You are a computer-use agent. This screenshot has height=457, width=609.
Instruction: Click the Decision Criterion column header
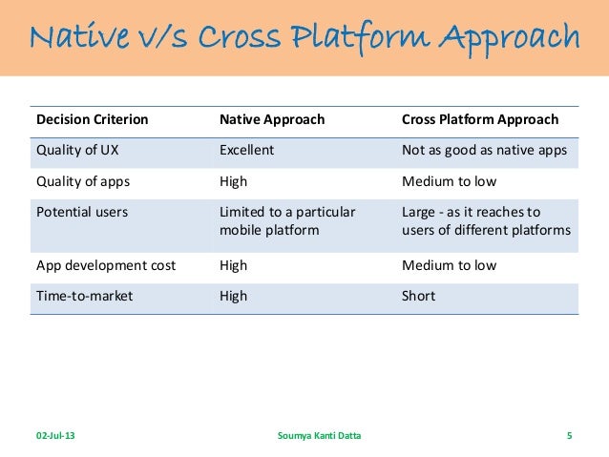coord(93,120)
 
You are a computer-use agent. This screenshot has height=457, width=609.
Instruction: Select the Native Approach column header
coord(272,120)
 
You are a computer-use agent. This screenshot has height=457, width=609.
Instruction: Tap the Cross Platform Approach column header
coord(480,120)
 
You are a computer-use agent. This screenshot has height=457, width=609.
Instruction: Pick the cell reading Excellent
coord(246,149)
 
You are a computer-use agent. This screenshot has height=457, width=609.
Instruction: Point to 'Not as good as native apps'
coord(485,149)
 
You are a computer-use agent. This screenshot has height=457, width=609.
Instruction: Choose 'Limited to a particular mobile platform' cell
coord(286,220)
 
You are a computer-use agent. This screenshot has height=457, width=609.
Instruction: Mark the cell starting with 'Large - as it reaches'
coord(486,220)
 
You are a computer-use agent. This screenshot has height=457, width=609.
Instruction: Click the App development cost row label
coord(106,266)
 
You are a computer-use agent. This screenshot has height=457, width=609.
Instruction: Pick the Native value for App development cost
coord(233,266)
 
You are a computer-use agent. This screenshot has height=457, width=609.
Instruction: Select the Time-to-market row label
coord(85,296)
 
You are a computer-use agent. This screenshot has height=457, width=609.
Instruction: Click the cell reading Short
coord(419,296)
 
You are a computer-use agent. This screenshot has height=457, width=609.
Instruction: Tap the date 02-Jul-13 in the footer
coord(57,437)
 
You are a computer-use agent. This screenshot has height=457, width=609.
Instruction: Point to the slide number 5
coord(569,437)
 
